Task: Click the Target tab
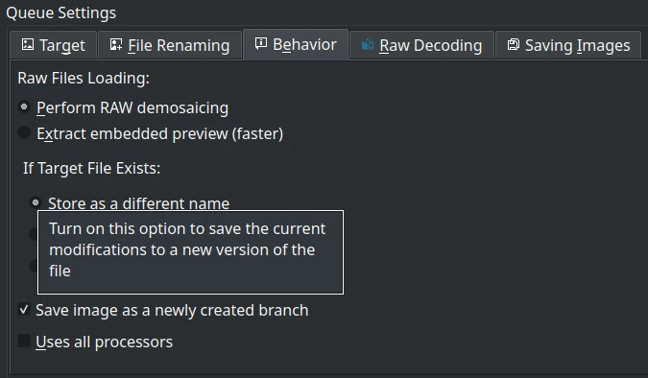pyautogui.click(x=54, y=45)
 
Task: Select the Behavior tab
pyautogui.click(x=296, y=44)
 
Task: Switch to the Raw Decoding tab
pyautogui.click(x=421, y=45)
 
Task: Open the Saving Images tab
pyautogui.click(x=568, y=45)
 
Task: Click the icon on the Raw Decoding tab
pyautogui.click(x=368, y=45)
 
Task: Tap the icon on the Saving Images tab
pyautogui.click(x=514, y=45)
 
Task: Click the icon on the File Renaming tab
pyautogui.click(x=116, y=45)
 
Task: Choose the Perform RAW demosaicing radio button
pyautogui.click(x=24, y=107)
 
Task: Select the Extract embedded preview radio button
pyautogui.click(x=24, y=133)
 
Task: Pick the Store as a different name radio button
pyautogui.click(x=36, y=202)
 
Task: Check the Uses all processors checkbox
pyautogui.click(x=24, y=342)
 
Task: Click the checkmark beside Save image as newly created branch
pyautogui.click(x=24, y=311)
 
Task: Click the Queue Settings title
pyautogui.click(x=61, y=13)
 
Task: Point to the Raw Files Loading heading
pyautogui.click(x=84, y=77)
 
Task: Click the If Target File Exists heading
pyautogui.click(x=91, y=168)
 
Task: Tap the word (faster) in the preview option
pyautogui.click(x=257, y=133)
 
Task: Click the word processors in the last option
pyautogui.click(x=131, y=342)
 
